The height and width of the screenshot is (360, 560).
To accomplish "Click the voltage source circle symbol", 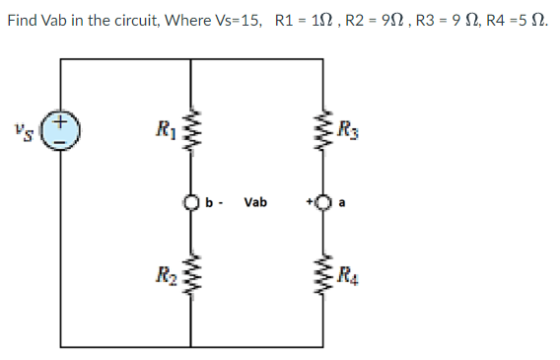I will pos(60,132).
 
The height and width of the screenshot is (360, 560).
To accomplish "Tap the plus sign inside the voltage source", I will pos(60,122).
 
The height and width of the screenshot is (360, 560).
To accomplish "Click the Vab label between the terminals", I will pos(255,203).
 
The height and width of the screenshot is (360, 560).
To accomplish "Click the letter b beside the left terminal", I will pos(208,203).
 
